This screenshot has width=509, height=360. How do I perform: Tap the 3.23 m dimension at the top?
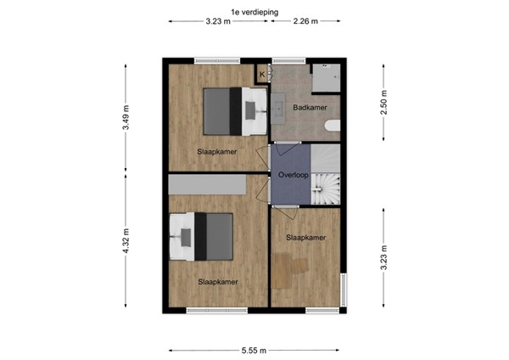pyautogui.click(x=218, y=22)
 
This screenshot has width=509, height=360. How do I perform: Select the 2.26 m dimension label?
pyautogui.click(x=305, y=22)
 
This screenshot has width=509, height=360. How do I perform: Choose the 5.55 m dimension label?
pyautogui.click(x=253, y=350)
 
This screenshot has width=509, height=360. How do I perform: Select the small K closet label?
pyautogui.click(x=261, y=75)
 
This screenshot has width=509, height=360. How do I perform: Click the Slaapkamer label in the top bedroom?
pyautogui.click(x=216, y=152)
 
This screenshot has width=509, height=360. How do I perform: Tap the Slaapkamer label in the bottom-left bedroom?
pyautogui.click(x=217, y=282)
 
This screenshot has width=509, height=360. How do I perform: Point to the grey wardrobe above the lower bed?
pyautogui.click(x=207, y=183)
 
